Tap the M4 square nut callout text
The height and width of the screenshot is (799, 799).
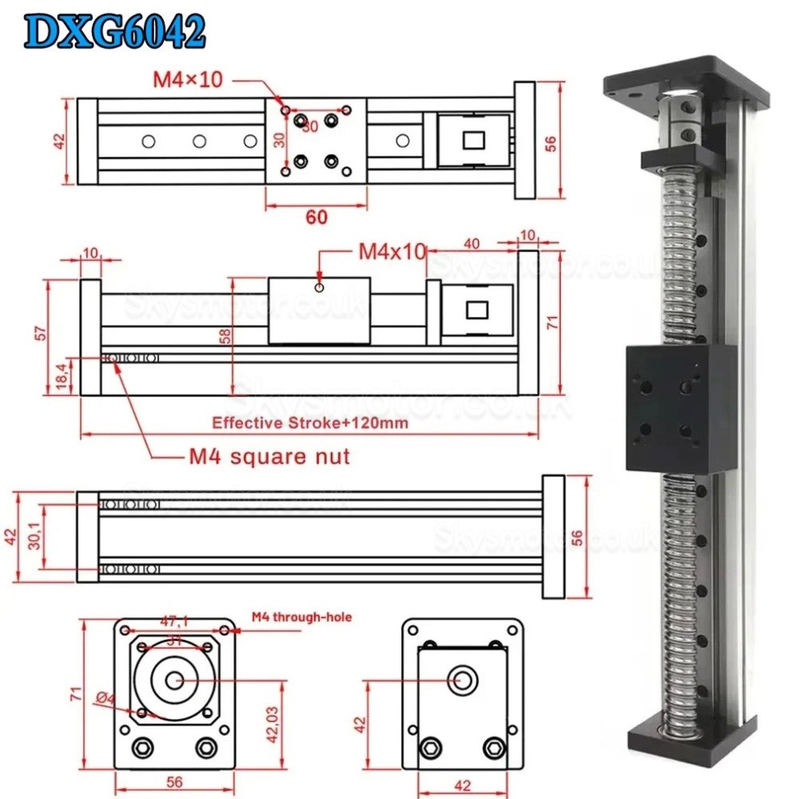pyautogui.click(x=270, y=457)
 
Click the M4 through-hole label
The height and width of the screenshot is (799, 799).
pyautogui.click(x=301, y=617)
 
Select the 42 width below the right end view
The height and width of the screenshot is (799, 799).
pyautogui.click(x=461, y=785)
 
